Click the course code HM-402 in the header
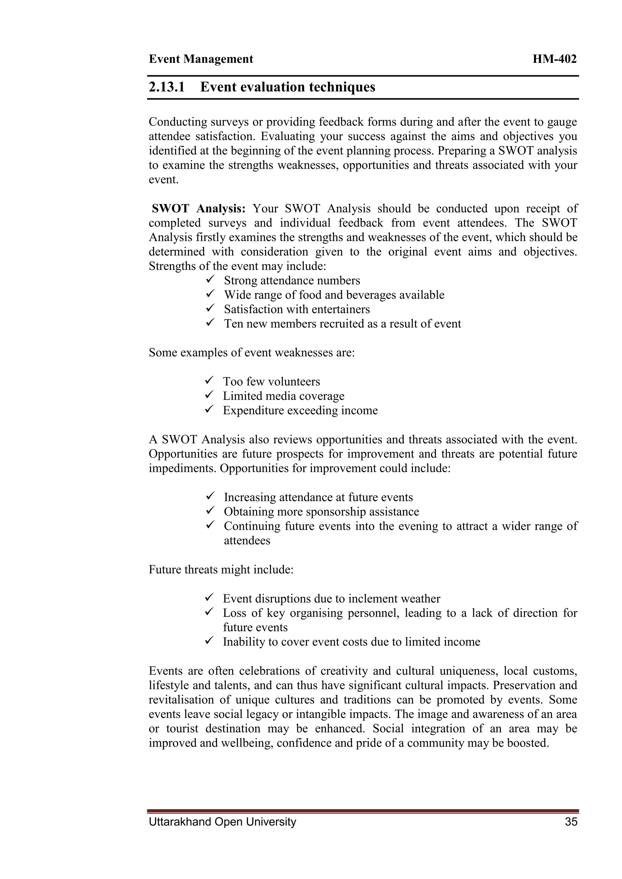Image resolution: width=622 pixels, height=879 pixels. click(554, 59)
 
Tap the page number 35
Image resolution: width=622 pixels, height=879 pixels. click(571, 822)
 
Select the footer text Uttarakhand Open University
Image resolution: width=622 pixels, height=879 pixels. click(222, 822)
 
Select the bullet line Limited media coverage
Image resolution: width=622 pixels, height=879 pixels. click(283, 396)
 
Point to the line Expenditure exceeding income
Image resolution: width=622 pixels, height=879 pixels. click(300, 410)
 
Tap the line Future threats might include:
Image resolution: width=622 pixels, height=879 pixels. click(221, 570)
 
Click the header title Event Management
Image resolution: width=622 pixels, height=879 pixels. click(201, 59)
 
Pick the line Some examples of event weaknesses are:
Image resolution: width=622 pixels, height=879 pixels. click(252, 352)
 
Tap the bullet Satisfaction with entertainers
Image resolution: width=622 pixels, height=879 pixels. click(297, 309)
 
